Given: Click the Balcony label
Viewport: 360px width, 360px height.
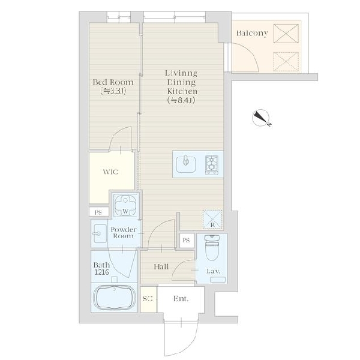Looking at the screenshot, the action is pyautogui.click(x=252, y=33).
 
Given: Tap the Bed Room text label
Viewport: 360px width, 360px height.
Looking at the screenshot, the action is pyautogui.click(x=113, y=82).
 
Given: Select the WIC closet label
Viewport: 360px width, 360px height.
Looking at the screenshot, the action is pyautogui.click(x=110, y=172).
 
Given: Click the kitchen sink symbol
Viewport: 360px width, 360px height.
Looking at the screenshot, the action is pyautogui.click(x=186, y=164).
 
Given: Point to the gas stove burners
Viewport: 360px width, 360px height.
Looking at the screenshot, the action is pyautogui.click(x=212, y=165).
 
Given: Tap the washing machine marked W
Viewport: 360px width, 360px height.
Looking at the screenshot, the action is pyautogui.click(x=125, y=205).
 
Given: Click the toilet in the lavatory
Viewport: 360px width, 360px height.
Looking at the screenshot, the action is pyautogui.click(x=212, y=247).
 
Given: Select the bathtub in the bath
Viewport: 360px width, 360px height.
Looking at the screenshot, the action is pyautogui.click(x=114, y=298).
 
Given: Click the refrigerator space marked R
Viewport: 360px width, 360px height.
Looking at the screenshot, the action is pyautogui.click(x=212, y=219).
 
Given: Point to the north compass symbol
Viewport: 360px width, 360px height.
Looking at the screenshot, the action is pyautogui.click(x=261, y=118).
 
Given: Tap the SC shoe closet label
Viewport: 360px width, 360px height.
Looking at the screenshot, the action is pyautogui.click(x=148, y=298).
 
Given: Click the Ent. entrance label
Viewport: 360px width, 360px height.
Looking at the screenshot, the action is pyautogui.click(x=181, y=298).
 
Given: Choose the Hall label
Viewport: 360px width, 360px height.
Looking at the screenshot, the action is pyautogui.click(x=161, y=267).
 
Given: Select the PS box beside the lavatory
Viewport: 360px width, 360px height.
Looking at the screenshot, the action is pyautogui.click(x=187, y=241).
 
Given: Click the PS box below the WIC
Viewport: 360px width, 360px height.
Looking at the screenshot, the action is pyautogui.click(x=98, y=212).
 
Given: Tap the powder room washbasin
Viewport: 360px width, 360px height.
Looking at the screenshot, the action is pyautogui.click(x=99, y=233).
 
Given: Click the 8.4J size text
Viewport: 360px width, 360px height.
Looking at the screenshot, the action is pyautogui.click(x=181, y=100).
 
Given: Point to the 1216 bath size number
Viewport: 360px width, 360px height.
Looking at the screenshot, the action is pyautogui.click(x=102, y=272).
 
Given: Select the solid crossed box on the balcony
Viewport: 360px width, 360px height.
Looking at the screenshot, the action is pyautogui.click(x=286, y=34).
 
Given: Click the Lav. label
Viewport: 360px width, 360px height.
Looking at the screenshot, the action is pyautogui.click(x=213, y=271).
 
